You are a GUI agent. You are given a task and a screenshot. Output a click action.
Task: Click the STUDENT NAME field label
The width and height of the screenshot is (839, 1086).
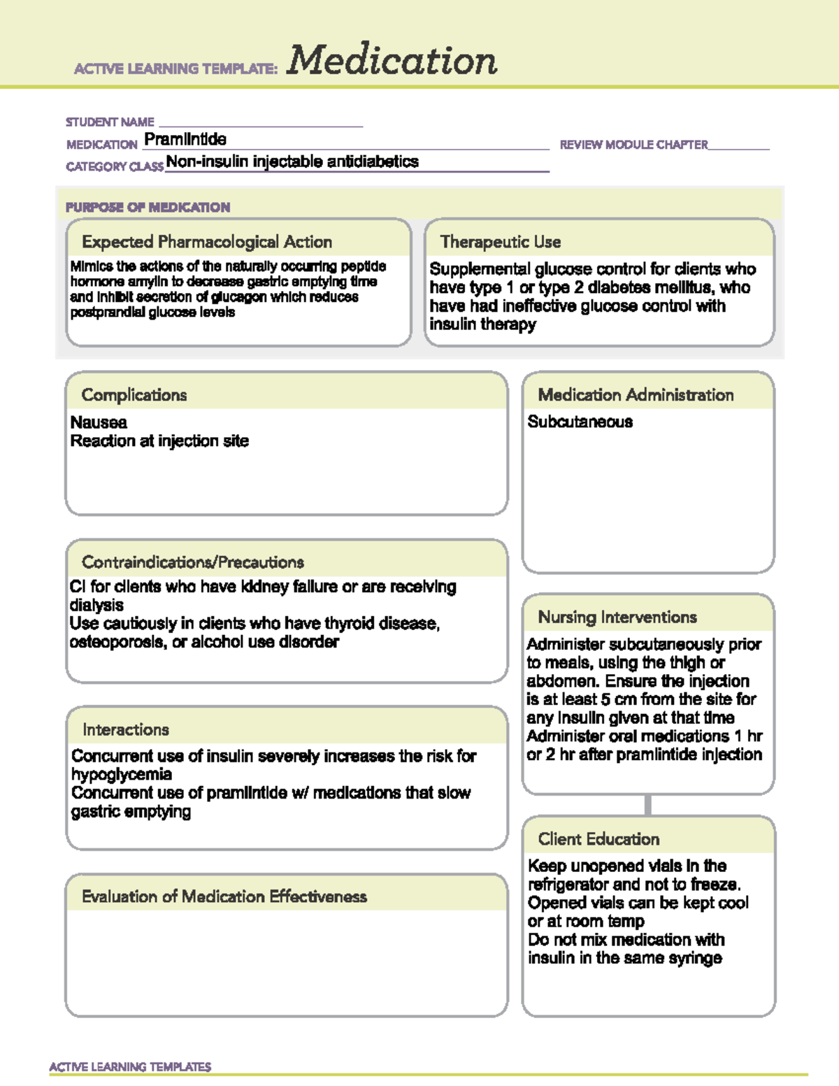click(110, 122)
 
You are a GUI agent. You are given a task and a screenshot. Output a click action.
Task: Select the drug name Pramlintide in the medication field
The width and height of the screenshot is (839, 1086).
click(185, 139)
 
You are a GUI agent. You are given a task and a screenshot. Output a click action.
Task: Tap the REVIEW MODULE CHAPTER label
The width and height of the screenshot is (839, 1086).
click(633, 145)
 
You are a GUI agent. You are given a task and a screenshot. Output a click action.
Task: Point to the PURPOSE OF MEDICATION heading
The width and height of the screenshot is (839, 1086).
click(148, 207)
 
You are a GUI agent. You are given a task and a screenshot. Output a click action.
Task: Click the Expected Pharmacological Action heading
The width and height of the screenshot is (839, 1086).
click(207, 242)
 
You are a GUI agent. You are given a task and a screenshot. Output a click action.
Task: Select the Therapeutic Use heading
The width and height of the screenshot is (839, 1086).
click(501, 242)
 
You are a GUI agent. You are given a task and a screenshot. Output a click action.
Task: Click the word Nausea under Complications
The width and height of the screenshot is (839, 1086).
click(99, 422)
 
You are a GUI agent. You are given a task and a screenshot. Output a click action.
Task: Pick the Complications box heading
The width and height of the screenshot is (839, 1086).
click(134, 395)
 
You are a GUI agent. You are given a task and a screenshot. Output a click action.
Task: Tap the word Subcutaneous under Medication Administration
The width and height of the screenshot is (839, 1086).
click(580, 422)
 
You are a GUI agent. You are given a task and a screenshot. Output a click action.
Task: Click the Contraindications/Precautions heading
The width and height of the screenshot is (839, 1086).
click(193, 562)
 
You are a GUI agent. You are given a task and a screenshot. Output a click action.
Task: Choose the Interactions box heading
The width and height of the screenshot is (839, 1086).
click(126, 729)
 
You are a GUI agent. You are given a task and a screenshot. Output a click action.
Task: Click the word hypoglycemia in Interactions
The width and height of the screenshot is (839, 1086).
click(122, 774)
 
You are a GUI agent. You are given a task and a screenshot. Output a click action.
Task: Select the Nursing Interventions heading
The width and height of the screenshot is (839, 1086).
click(617, 617)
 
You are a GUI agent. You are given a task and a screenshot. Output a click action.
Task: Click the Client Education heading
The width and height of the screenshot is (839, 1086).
click(598, 839)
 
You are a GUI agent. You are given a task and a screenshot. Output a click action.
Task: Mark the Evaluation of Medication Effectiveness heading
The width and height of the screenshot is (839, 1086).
click(224, 896)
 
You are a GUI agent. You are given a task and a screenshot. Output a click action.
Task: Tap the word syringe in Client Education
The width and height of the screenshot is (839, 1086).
click(695, 958)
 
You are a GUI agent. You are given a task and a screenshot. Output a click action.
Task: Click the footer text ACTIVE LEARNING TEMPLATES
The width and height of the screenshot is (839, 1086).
click(130, 1066)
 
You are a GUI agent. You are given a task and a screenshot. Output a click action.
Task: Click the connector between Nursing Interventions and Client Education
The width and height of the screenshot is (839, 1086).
click(648, 805)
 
